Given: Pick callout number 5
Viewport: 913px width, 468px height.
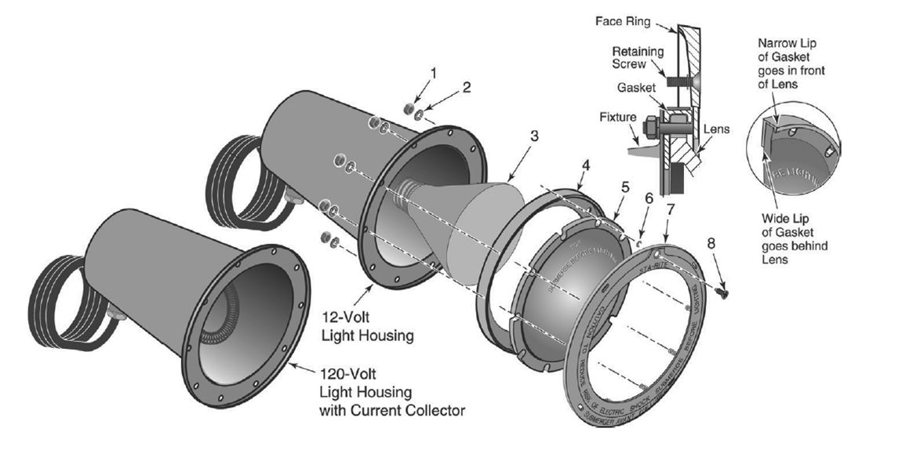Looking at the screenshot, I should pyautogui.click(x=624, y=187).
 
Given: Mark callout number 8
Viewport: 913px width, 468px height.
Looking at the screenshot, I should pyautogui.click(x=711, y=244).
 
